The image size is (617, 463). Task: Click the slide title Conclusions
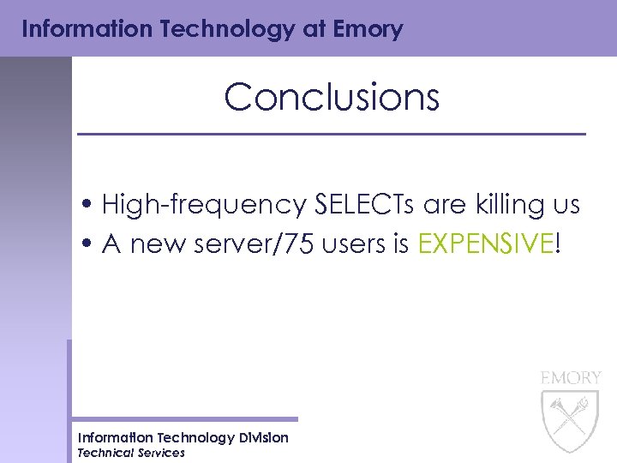click(332, 98)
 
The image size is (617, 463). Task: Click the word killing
click(494, 206)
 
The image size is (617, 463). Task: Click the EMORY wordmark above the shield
click(571, 377)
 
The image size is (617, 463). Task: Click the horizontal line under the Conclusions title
click(332, 135)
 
